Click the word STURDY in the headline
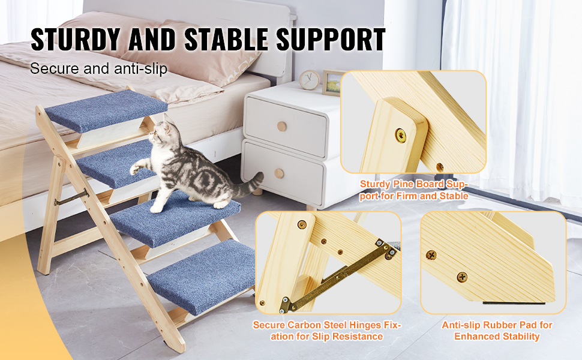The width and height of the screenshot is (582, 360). pyautogui.click(x=79, y=39)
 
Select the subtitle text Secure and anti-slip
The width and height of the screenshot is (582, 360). pyautogui.click(x=99, y=68)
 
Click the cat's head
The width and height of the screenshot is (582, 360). pyautogui.click(x=158, y=133)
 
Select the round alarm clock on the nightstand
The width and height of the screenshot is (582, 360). pyautogui.click(x=310, y=80)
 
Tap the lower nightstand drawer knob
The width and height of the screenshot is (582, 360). pyautogui.click(x=279, y=173)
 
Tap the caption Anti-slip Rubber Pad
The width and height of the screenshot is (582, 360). pyautogui.click(x=497, y=331)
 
